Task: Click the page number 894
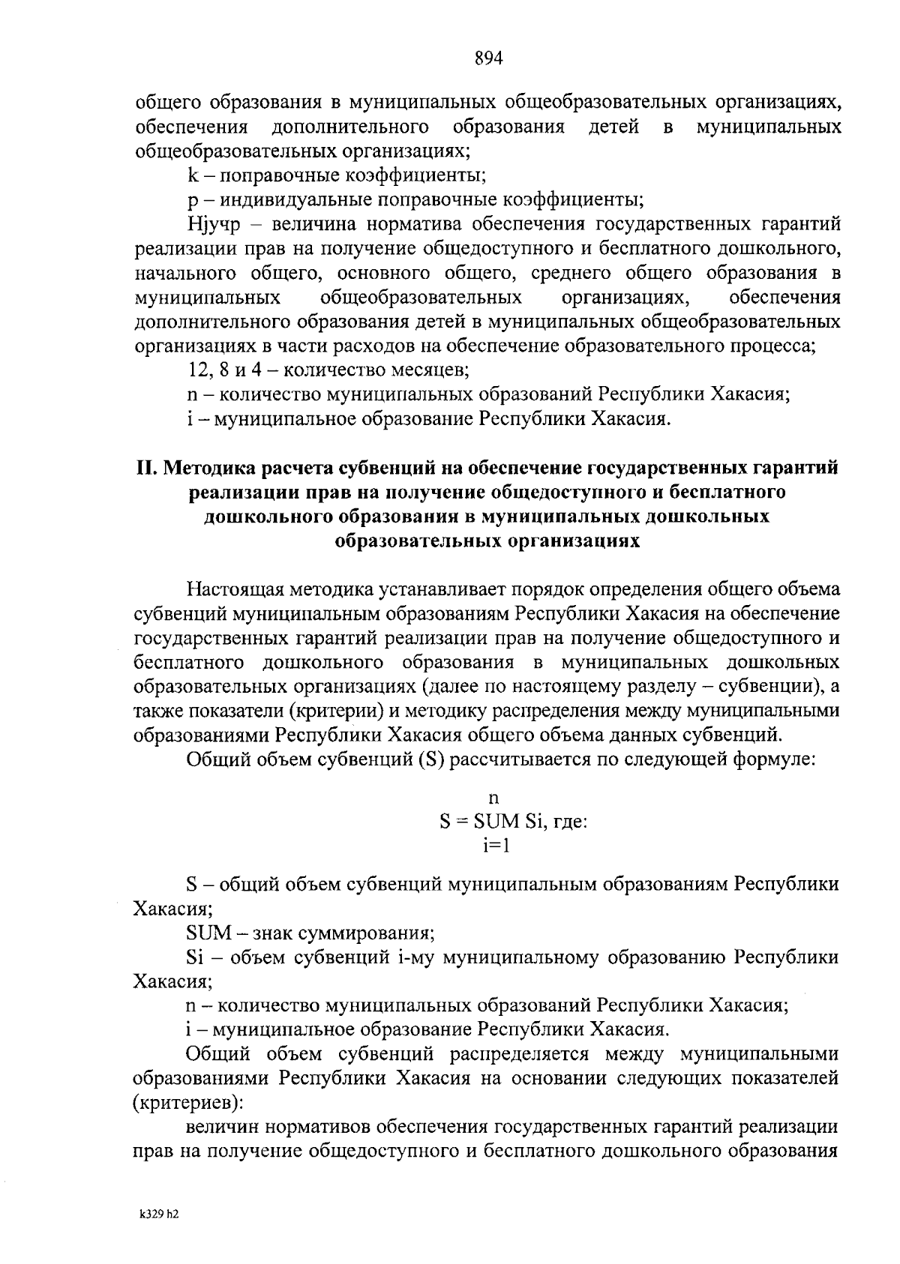(487, 58)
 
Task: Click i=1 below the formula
(496, 845)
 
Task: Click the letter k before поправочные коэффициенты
(192, 175)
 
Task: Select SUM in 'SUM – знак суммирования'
(209, 933)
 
